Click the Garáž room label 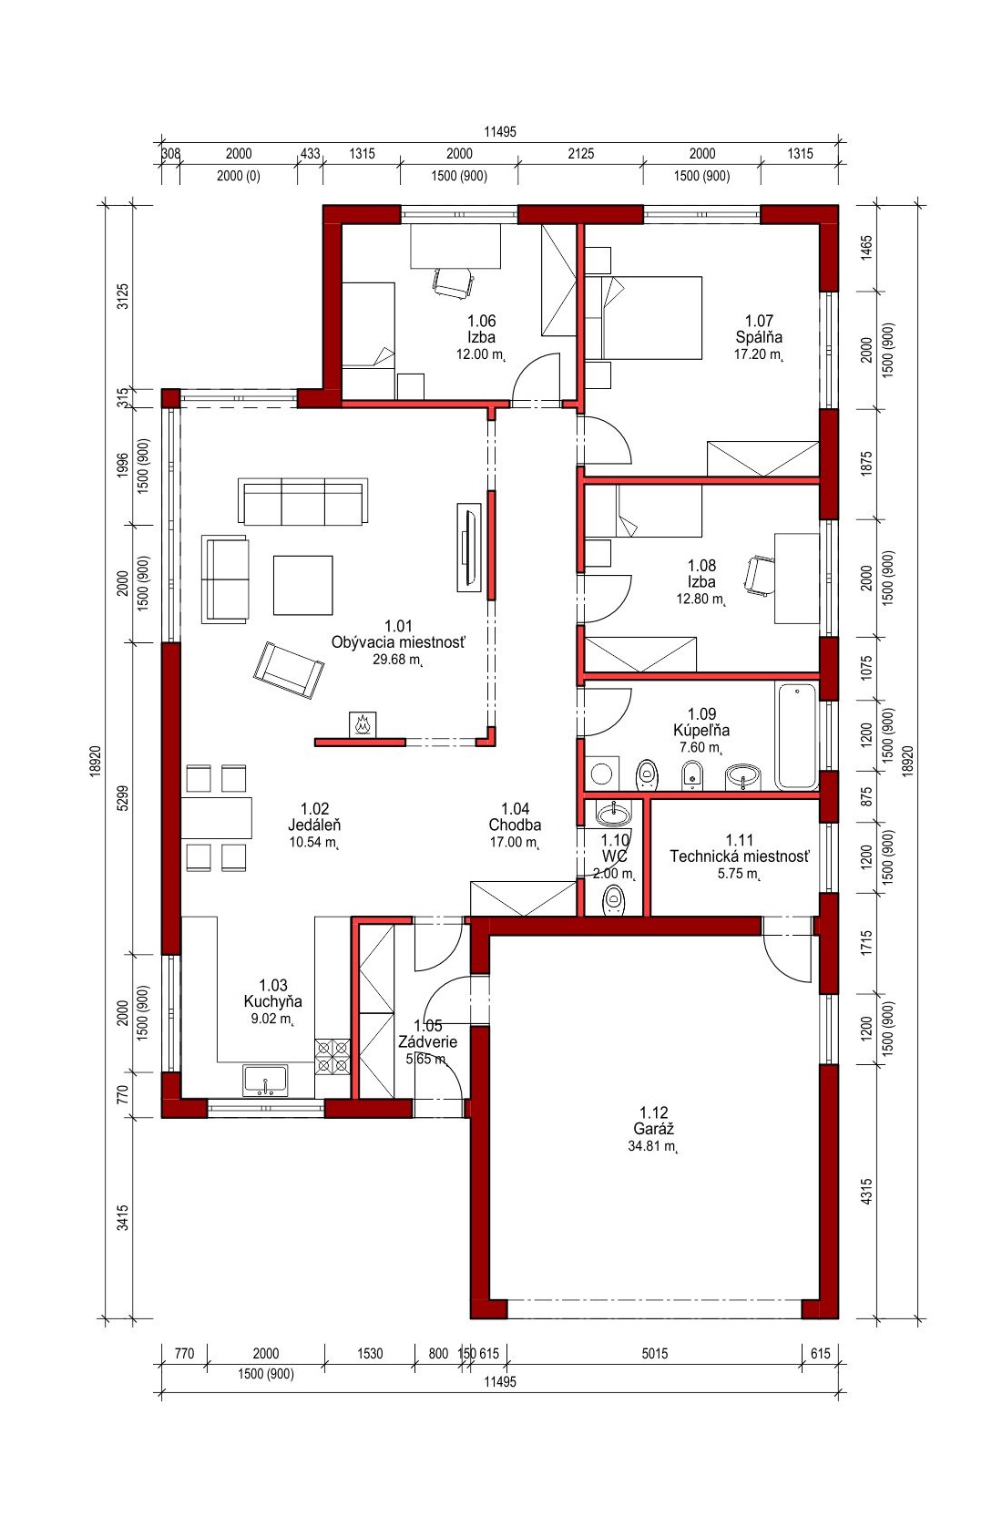[653, 1129]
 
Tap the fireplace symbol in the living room [363, 724]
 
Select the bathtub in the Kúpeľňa [796, 736]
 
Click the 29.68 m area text [397, 660]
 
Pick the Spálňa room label [759, 336]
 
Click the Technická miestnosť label [740, 856]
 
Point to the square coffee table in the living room [302, 585]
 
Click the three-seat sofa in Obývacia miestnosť [302, 500]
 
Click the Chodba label [515, 825]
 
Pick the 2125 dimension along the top [581, 154]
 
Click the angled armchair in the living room [289, 670]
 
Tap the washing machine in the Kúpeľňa [601, 774]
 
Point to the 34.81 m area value [653, 1146]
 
